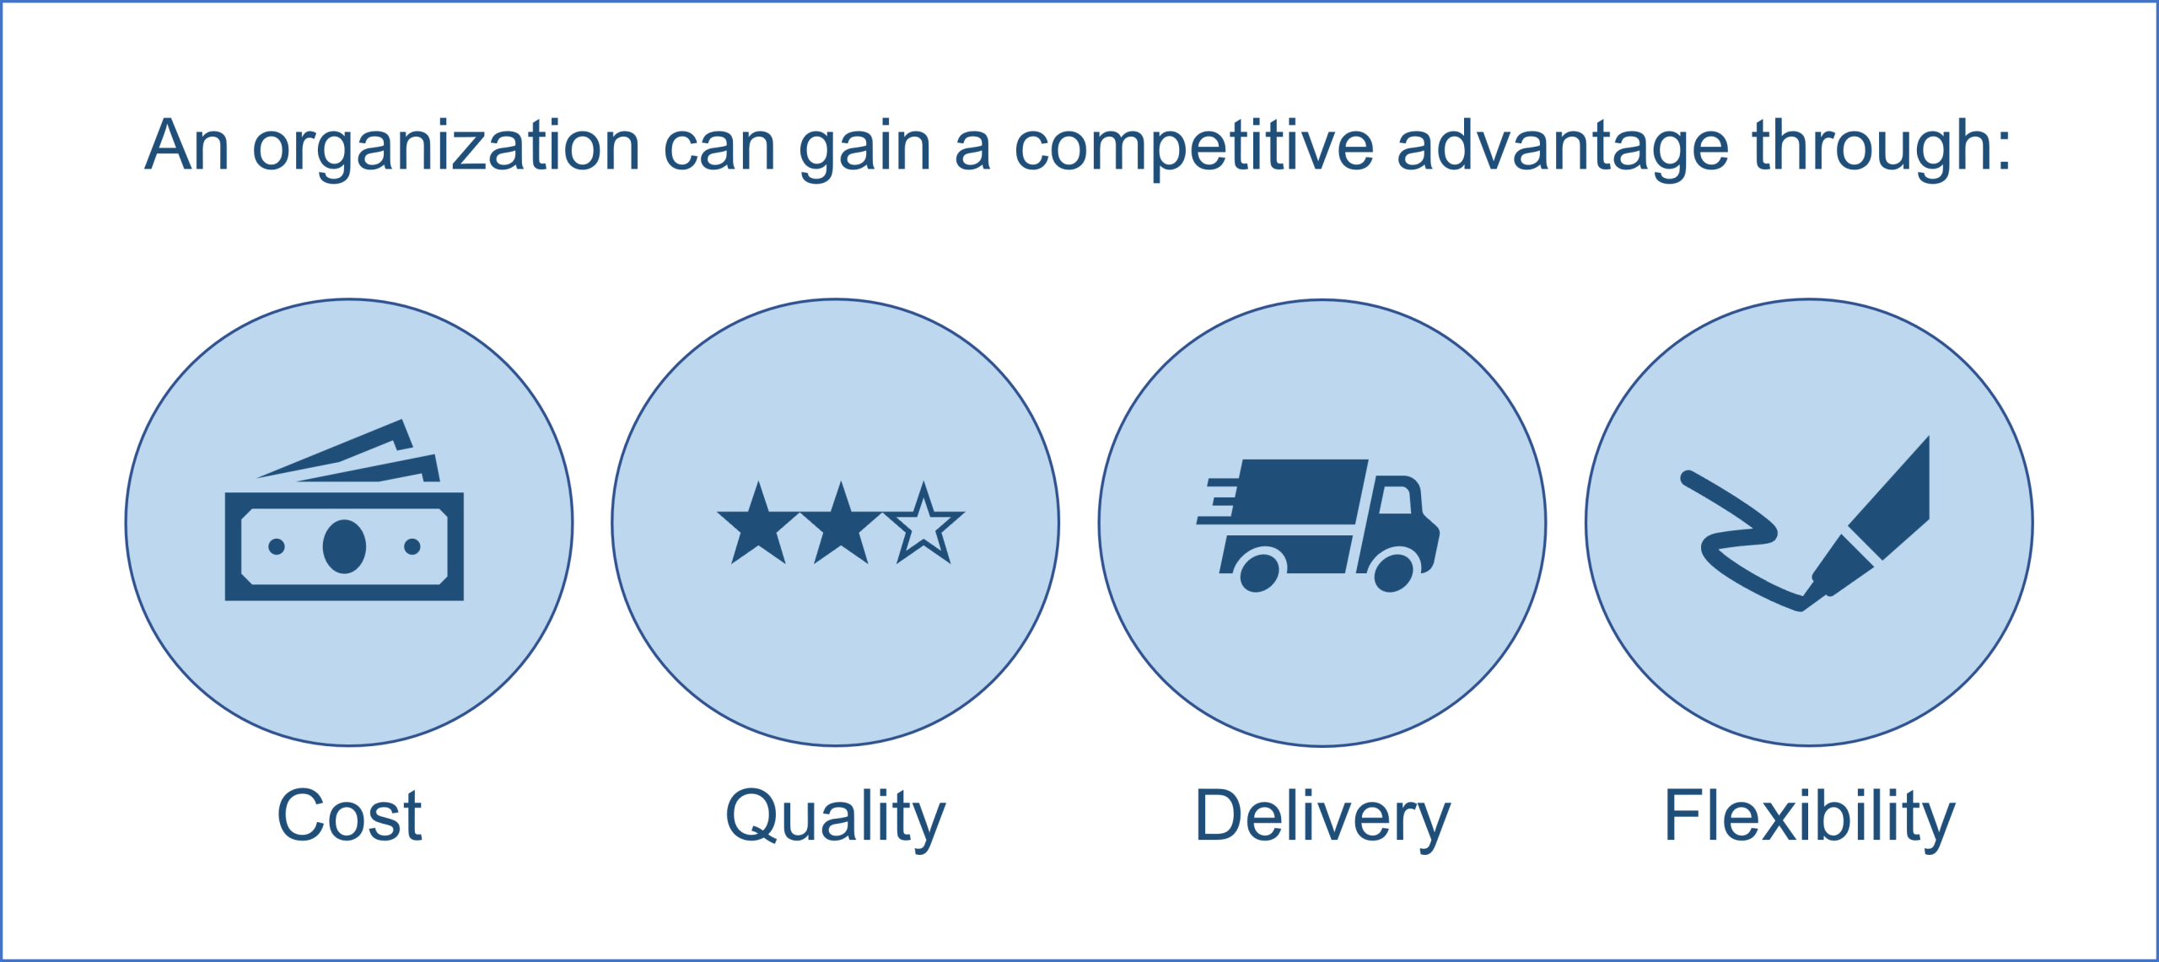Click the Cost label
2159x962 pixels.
[x=349, y=815]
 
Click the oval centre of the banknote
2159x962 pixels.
[x=344, y=546]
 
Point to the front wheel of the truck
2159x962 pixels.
[x=1393, y=573]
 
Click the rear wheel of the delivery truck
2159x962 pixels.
[x=1260, y=573]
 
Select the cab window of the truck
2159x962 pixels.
[x=1395, y=500]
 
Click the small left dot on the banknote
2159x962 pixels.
[x=276, y=546]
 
